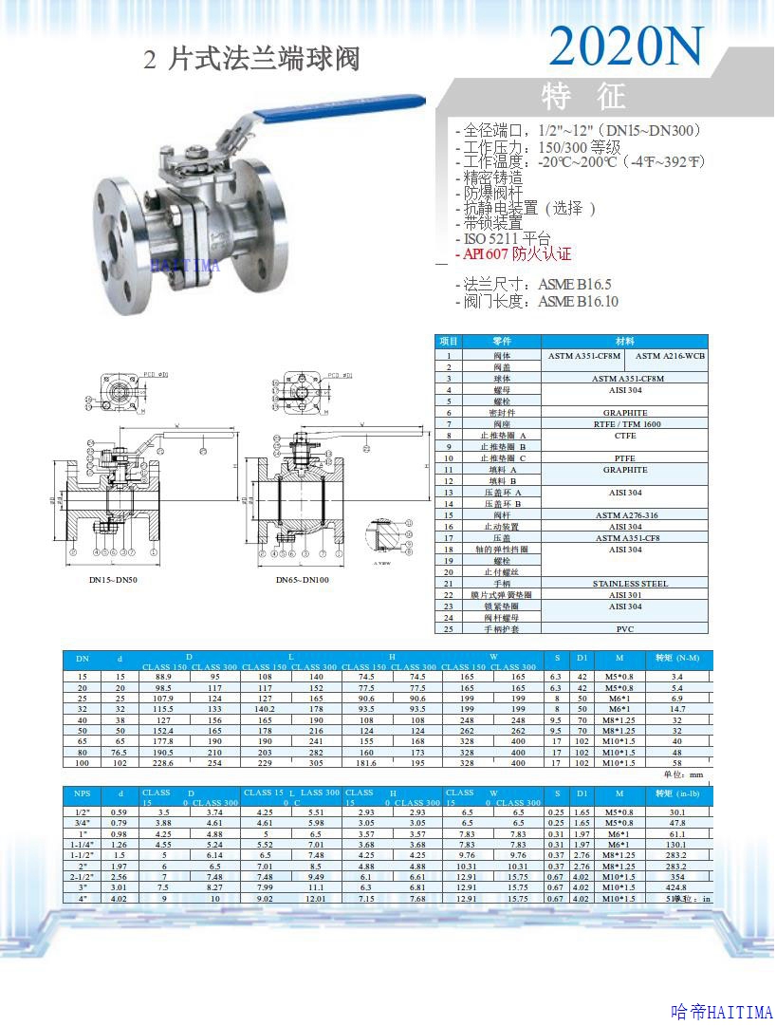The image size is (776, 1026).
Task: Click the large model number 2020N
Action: (627, 45)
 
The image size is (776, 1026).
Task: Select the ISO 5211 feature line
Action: (507, 238)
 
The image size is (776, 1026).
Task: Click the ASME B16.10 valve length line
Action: (537, 302)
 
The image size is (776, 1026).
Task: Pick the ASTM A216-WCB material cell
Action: (670, 356)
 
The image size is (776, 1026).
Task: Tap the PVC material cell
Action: (625, 628)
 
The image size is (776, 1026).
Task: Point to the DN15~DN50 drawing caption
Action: (113, 579)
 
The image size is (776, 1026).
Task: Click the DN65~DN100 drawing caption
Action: (303, 579)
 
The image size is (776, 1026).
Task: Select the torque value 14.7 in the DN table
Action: (677, 709)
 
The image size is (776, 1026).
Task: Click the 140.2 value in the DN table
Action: (265, 709)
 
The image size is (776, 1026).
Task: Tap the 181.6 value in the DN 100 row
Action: (366, 762)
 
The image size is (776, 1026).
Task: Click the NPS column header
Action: (82, 793)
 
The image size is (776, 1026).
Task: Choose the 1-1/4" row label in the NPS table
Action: (83, 845)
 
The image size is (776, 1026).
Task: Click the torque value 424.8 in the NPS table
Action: (677, 887)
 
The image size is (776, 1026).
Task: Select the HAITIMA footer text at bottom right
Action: (721, 1012)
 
